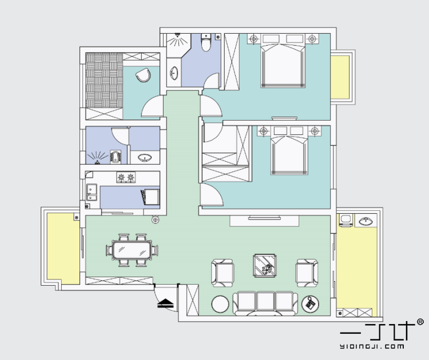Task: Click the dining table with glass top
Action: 133,250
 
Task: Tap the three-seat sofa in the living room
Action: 265,303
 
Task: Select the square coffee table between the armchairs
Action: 265,265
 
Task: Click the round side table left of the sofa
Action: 220,304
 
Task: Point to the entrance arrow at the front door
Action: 165,303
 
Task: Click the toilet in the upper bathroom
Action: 206,42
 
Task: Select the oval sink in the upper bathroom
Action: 174,73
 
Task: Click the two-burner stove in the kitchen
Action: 126,177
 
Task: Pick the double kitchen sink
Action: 92,193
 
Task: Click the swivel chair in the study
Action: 144,75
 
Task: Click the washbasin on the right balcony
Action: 366,221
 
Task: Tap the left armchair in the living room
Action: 223,273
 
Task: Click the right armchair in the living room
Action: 307,273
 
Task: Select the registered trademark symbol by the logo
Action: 420,322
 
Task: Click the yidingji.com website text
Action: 372,346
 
